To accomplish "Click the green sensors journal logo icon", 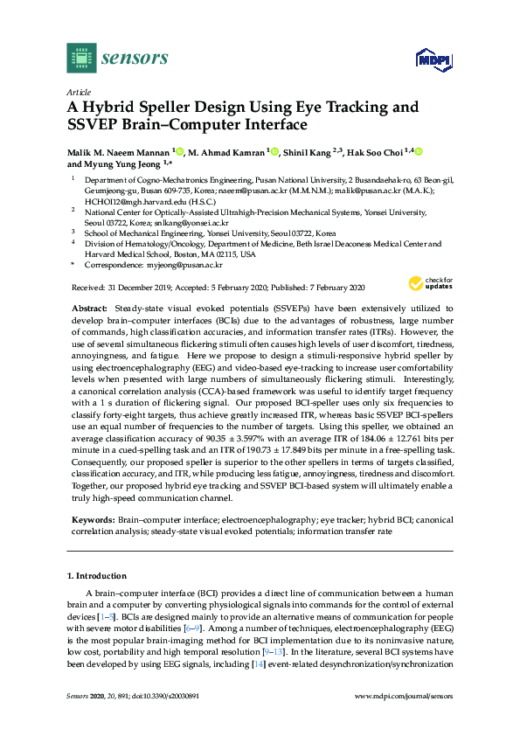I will [80, 59].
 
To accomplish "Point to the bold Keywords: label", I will [90, 520].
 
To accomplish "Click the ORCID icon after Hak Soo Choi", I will [418, 151].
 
